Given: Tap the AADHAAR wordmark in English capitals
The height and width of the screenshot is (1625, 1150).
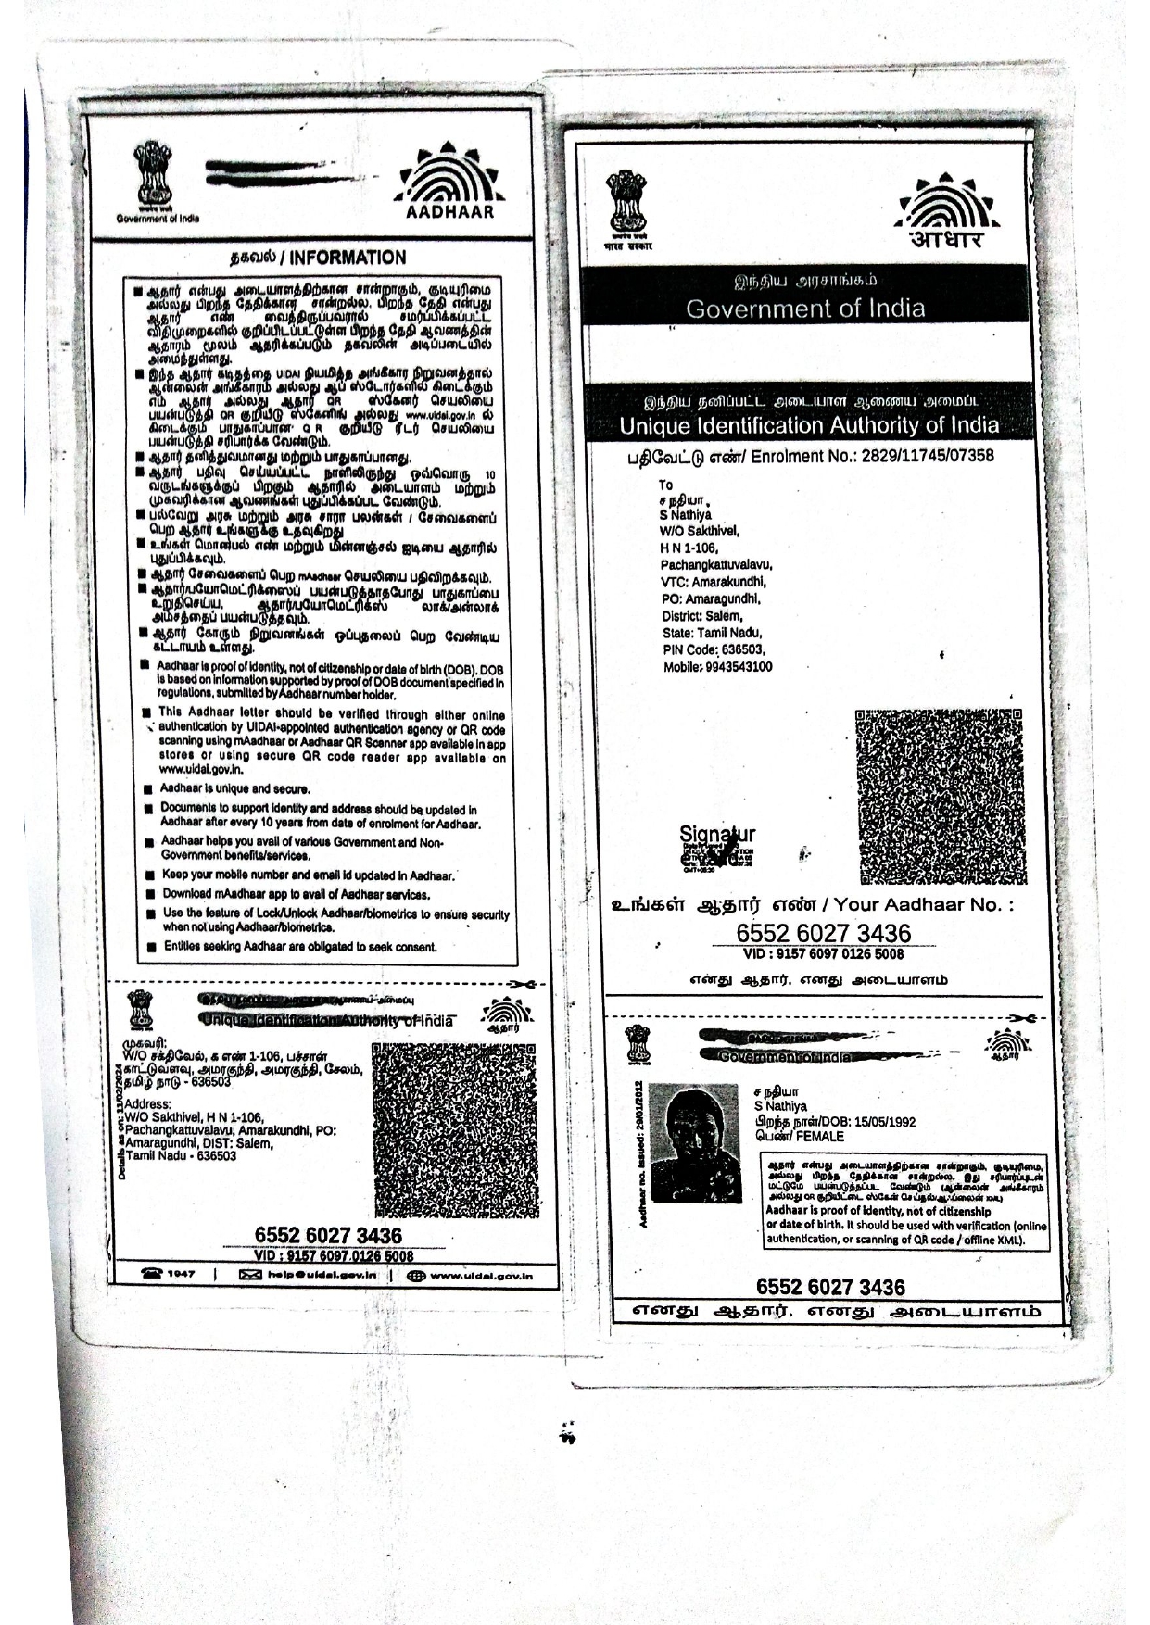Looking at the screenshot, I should [x=450, y=211].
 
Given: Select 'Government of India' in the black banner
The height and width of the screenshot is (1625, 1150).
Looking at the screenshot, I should [x=804, y=309].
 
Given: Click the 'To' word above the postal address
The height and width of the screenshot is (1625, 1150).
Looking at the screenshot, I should [x=665, y=485].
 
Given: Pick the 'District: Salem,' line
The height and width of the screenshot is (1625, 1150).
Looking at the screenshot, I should [x=701, y=616].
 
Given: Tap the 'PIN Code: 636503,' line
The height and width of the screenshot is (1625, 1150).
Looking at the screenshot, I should [x=714, y=649].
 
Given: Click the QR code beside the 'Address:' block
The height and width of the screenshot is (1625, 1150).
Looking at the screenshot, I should [x=454, y=1129].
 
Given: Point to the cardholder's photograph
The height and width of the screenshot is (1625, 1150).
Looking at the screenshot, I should [x=695, y=1143].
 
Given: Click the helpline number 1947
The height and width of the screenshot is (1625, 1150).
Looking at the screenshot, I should [x=181, y=1274].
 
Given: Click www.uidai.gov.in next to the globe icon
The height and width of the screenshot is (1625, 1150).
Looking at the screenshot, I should [x=481, y=1276].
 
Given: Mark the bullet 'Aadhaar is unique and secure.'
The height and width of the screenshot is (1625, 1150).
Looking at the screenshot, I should [x=234, y=788].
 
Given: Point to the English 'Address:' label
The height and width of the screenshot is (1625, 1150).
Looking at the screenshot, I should [x=147, y=1103].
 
